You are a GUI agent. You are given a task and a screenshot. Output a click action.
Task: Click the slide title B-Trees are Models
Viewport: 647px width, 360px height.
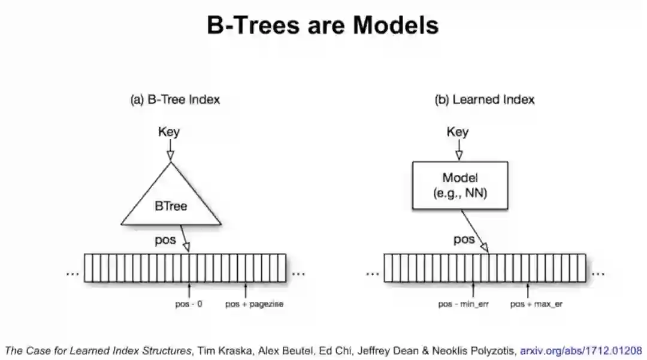(323, 26)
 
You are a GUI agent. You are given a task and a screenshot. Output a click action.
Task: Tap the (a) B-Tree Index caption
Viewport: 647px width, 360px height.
(175, 99)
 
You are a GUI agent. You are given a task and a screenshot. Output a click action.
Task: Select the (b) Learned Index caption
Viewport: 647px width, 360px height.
(484, 99)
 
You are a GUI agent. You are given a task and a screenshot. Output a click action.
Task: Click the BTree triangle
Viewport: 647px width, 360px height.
(171, 204)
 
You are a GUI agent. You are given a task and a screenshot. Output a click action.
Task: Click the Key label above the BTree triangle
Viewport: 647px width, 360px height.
(169, 132)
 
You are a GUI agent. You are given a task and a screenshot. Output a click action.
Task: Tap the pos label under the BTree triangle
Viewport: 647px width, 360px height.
(165, 240)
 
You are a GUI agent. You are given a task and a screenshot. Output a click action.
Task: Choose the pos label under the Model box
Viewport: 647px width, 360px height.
(464, 240)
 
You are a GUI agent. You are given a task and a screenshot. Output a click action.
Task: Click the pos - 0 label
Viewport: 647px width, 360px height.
(189, 304)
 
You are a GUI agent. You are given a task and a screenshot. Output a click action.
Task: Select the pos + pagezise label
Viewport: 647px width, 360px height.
(254, 304)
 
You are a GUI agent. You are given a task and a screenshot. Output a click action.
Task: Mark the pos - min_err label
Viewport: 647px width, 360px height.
(464, 304)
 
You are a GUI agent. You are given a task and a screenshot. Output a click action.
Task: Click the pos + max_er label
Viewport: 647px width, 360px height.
(536, 304)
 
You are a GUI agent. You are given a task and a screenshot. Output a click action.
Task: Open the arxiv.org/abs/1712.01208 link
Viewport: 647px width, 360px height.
(581, 350)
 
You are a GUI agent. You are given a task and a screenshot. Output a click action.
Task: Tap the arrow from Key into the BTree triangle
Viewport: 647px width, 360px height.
(170, 150)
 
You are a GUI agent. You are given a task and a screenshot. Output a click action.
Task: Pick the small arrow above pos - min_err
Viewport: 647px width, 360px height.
(473, 291)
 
